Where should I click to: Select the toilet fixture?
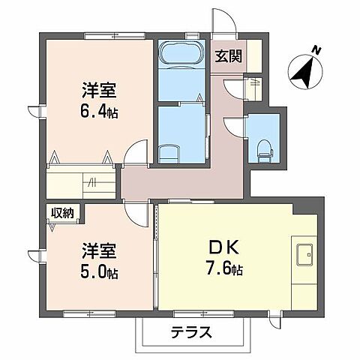[x=264, y=148]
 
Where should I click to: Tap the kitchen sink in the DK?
[x=306, y=256]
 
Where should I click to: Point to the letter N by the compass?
[x=317, y=50]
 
